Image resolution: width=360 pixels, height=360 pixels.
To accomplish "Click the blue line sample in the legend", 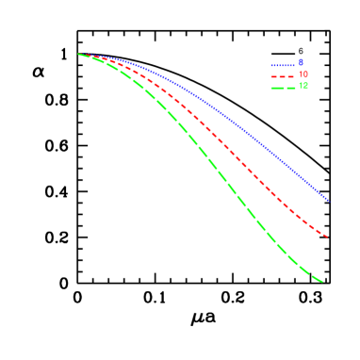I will (283, 65).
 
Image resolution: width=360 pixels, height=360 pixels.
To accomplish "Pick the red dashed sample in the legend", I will (283, 76).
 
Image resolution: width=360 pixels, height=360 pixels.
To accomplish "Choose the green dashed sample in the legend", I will (283, 88).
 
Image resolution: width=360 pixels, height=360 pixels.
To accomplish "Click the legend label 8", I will (302, 64).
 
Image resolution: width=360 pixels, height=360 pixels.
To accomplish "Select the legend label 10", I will (303, 75).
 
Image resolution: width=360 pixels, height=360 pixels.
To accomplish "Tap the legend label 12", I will (303, 87).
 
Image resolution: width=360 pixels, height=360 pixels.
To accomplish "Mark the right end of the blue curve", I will (328, 200).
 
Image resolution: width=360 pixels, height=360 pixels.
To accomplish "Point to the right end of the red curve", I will (326, 237).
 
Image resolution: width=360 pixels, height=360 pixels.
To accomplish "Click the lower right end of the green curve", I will (323, 281).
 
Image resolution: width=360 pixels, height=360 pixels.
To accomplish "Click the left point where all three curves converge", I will (78, 54).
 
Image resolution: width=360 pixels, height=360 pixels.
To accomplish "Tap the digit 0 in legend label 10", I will (305, 75).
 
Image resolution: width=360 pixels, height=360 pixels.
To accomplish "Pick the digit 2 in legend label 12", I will (305, 87).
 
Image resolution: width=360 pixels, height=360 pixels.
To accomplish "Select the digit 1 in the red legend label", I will (300, 75).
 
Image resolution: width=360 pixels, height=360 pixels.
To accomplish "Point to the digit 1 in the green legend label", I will (300, 87).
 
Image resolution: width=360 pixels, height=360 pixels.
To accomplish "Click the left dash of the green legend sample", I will (274, 88).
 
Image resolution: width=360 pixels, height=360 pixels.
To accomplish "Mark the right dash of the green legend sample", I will (291, 88).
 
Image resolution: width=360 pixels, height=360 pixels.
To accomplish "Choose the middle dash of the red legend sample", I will (283, 76).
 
